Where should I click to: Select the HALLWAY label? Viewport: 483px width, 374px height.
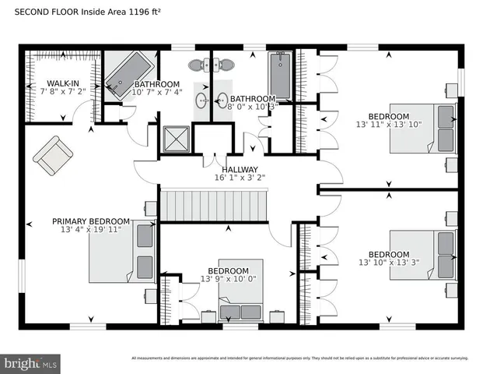click(240, 169)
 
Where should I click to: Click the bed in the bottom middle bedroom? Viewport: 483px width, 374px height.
click(240, 300)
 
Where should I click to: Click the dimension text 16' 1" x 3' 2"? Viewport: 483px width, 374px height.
click(240, 178)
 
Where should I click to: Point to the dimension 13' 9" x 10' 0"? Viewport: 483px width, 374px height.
click(228, 279)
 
